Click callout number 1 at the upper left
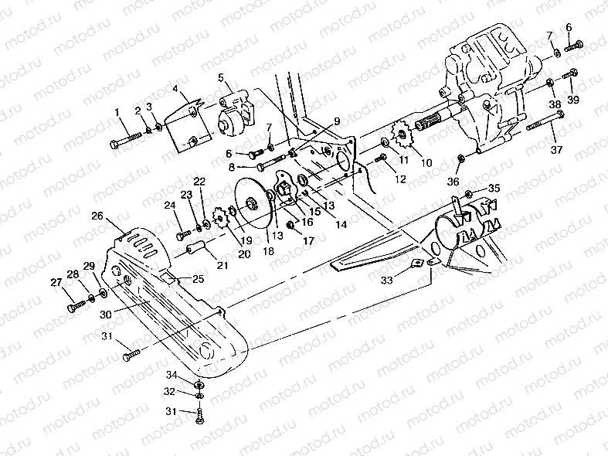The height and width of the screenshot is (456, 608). click(x=119, y=113)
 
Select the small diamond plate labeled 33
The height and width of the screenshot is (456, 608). click(x=418, y=263)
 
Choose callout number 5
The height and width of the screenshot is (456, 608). click(x=221, y=77)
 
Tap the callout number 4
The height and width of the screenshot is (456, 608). click(x=175, y=90)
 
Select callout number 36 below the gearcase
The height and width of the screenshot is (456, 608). click(x=453, y=182)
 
